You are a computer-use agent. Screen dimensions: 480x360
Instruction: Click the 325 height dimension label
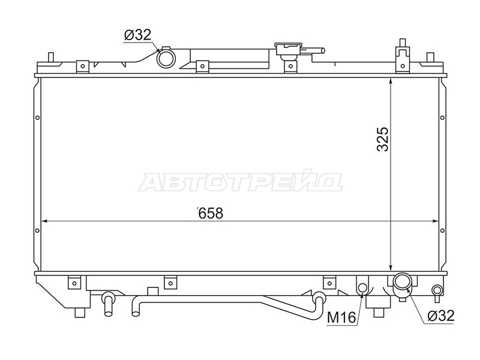pyautogui.click(x=383, y=139)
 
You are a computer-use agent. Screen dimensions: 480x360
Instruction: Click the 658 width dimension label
pyautogui.click(x=211, y=213)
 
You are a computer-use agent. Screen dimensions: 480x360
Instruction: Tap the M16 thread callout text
pyautogui.click(x=341, y=317)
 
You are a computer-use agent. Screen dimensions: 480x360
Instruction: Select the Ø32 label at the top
pyautogui.click(x=138, y=35)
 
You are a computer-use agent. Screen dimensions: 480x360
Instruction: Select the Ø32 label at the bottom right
pyautogui.click(x=441, y=316)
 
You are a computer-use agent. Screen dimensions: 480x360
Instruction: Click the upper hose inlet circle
pyautogui.click(x=166, y=59)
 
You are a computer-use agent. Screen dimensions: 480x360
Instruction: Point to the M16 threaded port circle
pyautogui.click(x=362, y=287)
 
